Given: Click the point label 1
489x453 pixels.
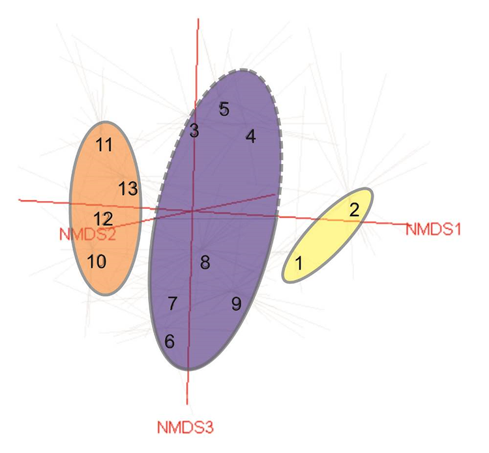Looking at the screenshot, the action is [299, 264].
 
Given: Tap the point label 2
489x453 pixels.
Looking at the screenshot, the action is [354, 210].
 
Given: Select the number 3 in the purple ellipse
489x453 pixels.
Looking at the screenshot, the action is [194, 130].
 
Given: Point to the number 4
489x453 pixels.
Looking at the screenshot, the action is [251, 137].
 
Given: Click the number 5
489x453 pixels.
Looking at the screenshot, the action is [224, 109].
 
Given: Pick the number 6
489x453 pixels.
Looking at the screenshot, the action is [170, 342].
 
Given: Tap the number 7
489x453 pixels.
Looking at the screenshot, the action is [172, 303].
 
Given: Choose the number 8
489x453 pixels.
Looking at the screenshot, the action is [205, 262].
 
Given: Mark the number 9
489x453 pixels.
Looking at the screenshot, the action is [237, 304].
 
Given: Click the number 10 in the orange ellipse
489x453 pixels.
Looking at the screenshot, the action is [96, 262].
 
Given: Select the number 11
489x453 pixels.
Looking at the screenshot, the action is [104, 144].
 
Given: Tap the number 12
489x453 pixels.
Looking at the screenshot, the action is [103, 219].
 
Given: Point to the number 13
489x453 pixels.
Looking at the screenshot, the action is [128, 189].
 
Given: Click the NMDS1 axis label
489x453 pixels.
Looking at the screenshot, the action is [433, 230].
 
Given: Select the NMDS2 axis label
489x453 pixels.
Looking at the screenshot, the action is [87, 234].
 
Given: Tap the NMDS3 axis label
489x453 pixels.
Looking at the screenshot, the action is [185, 428].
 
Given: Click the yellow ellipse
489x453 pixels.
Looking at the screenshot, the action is [327, 235].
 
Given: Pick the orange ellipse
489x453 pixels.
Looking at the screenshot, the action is [106, 208].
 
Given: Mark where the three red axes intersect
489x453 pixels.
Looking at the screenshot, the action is [192, 212].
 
